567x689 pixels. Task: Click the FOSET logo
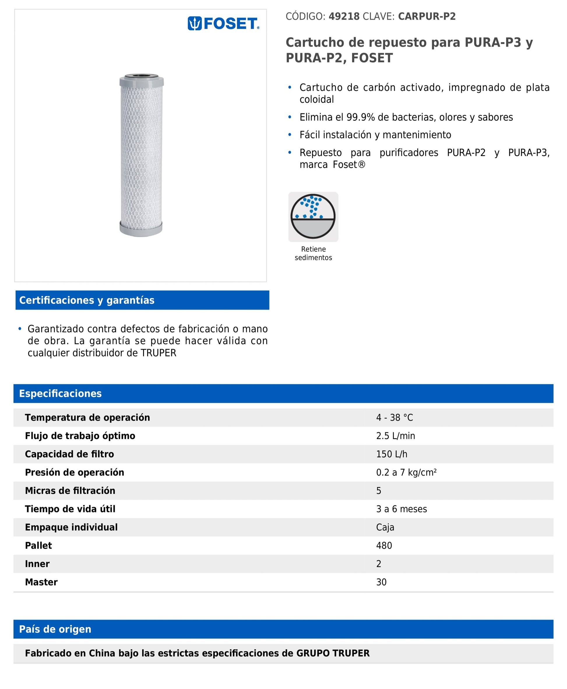pos(223,24)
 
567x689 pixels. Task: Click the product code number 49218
pos(344,16)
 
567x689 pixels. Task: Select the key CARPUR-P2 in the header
pos(427,16)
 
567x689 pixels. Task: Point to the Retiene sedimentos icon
pos(313,217)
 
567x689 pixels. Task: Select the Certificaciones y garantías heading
pos(87,300)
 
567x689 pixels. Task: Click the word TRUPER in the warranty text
pos(159,353)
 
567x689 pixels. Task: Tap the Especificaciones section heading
pos(60,394)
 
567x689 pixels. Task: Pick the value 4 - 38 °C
pos(394,418)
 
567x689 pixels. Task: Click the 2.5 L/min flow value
pos(395,436)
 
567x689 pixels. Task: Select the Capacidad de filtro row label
pos(69,454)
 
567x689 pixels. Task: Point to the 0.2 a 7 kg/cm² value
pos(406,473)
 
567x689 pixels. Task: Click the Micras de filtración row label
pos(70,491)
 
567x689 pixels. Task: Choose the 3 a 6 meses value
pos(402,509)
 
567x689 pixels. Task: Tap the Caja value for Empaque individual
pos(385,528)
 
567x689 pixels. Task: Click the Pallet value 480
pos(384,546)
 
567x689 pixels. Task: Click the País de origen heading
pos(55,630)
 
